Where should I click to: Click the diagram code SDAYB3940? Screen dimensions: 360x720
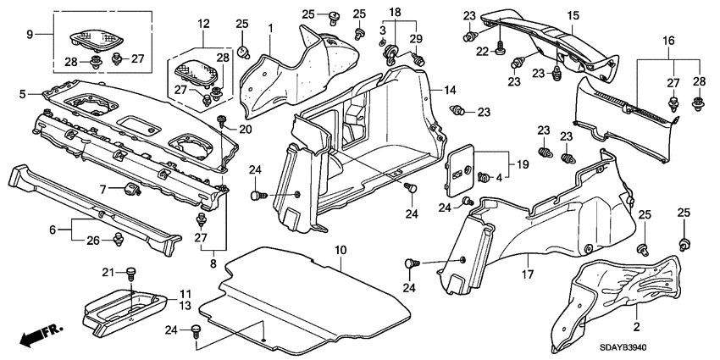coord(659,350)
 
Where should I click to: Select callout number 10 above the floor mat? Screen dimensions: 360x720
coord(341,250)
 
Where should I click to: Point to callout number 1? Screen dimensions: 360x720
coord(270,30)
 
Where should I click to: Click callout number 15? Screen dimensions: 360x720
coord(573,16)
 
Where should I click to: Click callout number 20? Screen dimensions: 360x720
coord(246,130)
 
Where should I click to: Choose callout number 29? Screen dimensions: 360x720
coord(415,41)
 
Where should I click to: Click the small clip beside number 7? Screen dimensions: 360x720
coord(131,187)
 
